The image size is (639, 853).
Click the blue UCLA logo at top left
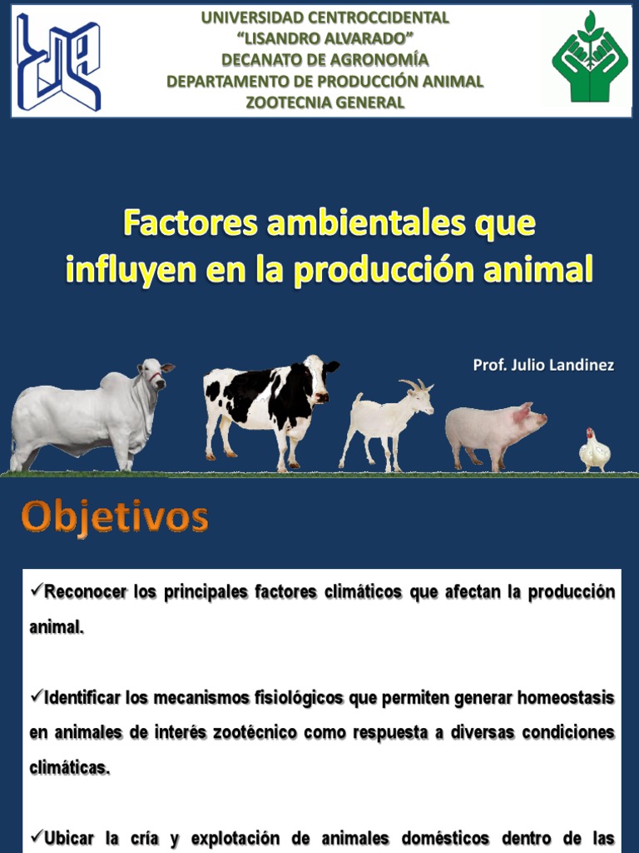click(x=58, y=61)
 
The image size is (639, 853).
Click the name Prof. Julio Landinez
click(x=543, y=366)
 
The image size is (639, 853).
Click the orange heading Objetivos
click(x=115, y=517)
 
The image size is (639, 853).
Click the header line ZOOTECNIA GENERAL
click(x=325, y=102)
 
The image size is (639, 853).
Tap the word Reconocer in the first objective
click(x=86, y=592)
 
